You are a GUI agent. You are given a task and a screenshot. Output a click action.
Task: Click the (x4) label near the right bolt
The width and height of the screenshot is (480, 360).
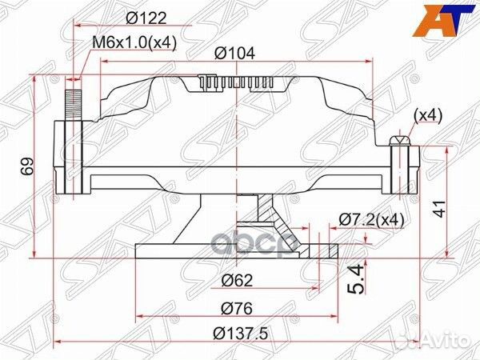426,116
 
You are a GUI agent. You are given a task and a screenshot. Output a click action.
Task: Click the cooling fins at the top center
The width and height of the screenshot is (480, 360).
240,83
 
